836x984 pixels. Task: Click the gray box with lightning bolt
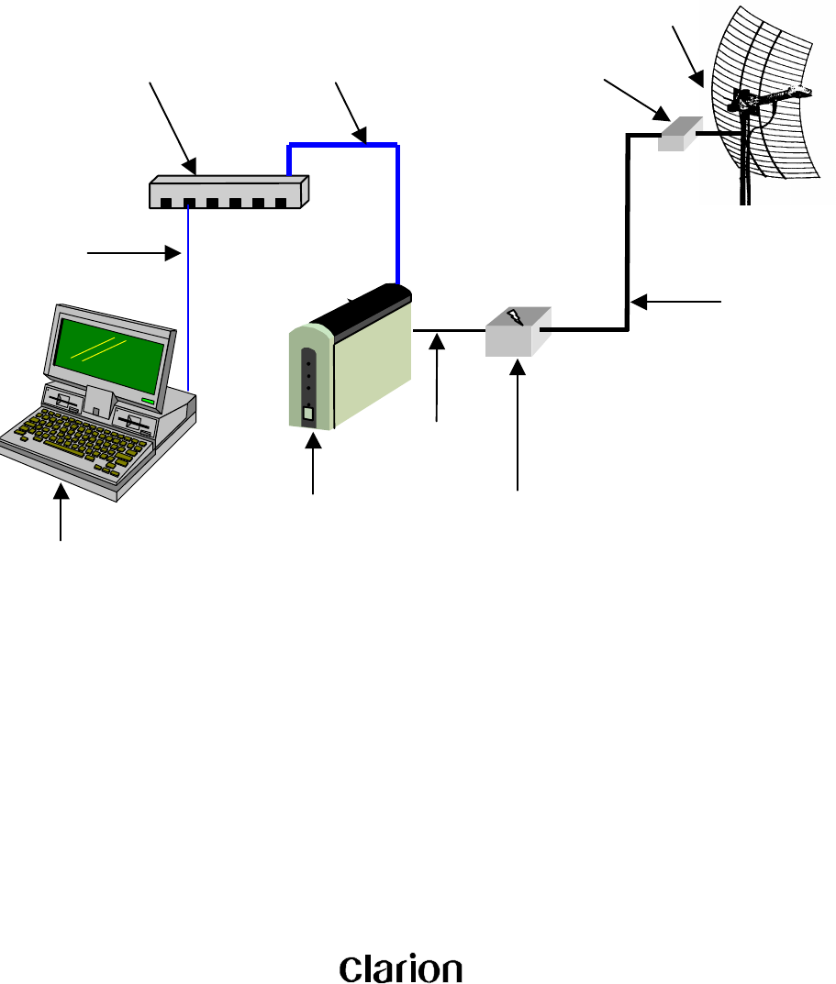[x=518, y=332]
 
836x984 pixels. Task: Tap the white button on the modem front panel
[x=308, y=415]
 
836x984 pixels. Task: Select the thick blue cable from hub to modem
[x=396, y=211]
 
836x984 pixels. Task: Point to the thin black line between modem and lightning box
[x=449, y=330]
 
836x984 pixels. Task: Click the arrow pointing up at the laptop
[x=61, y=514]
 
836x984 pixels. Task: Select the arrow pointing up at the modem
[x=314, y=468]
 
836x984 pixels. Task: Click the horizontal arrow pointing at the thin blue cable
[x=129, y=250]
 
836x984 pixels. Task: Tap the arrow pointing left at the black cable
[x=678, y=300]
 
